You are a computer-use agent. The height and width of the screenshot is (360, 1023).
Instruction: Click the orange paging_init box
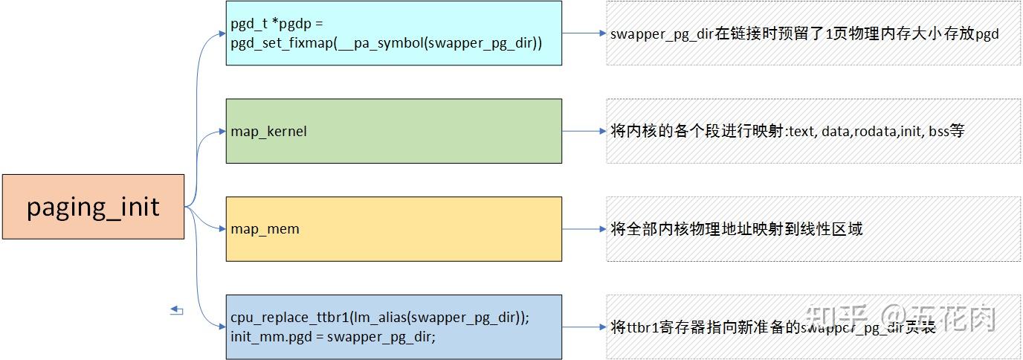point(93,207)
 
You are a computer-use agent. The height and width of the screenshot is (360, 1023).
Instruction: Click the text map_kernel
point(268,132)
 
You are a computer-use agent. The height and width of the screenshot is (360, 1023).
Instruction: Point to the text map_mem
point(265,229)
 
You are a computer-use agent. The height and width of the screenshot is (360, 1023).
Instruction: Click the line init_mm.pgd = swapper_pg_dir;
point(332,336)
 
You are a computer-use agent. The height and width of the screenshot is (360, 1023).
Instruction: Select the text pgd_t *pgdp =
point(277,25)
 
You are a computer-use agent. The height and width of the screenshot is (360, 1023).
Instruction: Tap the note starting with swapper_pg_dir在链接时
point(804,33)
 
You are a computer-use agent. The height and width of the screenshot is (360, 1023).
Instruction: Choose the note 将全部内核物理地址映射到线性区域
point(736,229)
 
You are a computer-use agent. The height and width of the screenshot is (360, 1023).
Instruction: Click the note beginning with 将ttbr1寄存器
point(773,327)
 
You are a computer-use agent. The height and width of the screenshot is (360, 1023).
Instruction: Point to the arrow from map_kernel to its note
point(584,132)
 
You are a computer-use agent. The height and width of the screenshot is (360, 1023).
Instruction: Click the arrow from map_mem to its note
point(584,229)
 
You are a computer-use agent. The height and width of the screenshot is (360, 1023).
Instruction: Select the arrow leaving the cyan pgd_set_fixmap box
point(584,33)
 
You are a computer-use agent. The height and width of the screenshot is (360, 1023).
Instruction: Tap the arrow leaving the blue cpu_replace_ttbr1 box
point(584,327)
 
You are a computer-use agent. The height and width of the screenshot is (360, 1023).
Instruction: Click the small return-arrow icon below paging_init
point(177,310)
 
